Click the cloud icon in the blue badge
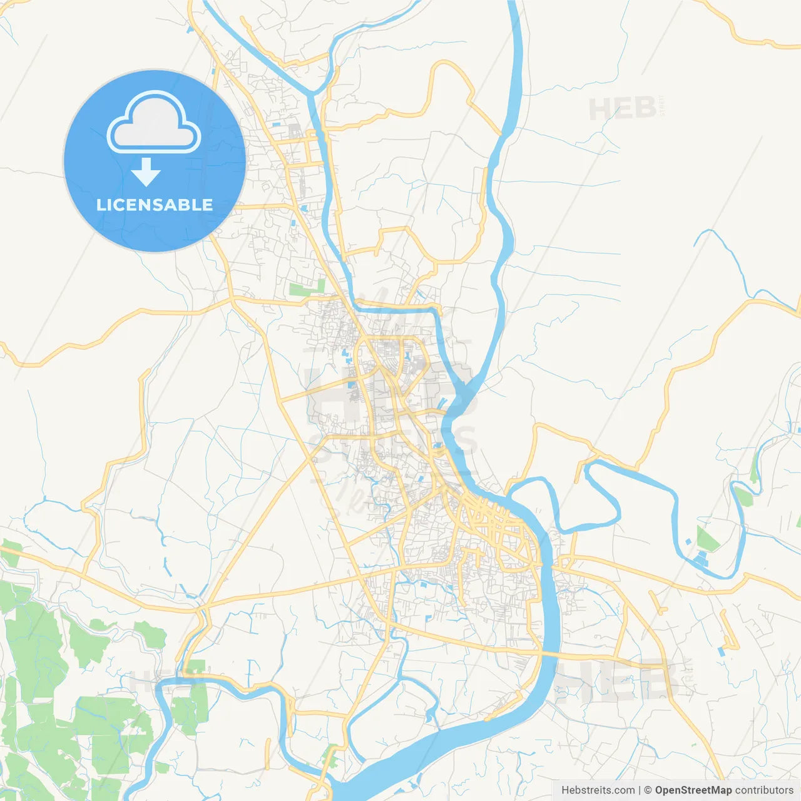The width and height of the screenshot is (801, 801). (154, 123)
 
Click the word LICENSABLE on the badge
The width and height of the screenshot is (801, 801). (155, 205)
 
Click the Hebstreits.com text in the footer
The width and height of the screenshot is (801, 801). (598, 790)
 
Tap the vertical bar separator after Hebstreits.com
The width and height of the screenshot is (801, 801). (640, 790)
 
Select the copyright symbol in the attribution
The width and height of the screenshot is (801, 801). (648, 790)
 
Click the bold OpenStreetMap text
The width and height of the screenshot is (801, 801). (693, 790)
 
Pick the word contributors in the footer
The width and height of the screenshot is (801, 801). (764, 790)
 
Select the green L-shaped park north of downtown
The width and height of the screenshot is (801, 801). (306, 289)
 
